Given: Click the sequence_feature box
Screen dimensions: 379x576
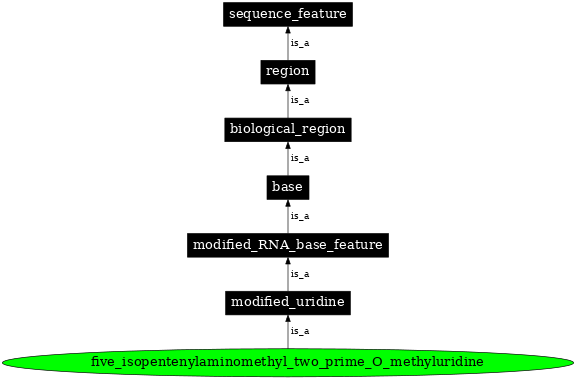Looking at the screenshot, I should click(x=288, y=14).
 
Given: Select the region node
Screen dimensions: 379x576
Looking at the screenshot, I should click(x=288, y=71).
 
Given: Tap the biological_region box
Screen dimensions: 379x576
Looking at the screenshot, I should click(x=288, y=129).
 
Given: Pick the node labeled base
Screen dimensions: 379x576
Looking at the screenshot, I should click(x=288, y=186).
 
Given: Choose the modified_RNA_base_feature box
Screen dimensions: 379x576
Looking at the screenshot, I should click(x=288, y=244).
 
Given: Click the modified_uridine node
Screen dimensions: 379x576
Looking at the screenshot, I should click(x=288, y=301).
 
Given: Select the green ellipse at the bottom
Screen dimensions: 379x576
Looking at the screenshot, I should click(x=288, y=360).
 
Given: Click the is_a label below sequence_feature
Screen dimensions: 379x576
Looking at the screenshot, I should click(x=300, y=43).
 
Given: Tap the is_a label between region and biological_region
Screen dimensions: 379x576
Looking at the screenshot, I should click(x=300, y=100).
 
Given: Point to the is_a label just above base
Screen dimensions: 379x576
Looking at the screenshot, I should click(x=300, y=158).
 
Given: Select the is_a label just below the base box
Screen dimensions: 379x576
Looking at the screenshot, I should click(x=300, y=215).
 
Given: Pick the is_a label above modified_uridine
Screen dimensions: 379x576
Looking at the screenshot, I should click(x=300, y=273).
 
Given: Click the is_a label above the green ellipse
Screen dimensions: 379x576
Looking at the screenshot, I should click(x=300, y=330).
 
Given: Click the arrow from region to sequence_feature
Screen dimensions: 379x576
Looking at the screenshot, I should click(x=288, y=45).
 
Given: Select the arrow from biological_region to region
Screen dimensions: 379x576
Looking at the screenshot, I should click(x=288, y=102).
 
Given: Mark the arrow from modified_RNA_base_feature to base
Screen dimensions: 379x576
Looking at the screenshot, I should click(x=288, y=217).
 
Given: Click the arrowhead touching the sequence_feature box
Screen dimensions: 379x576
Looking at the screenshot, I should click(x=288, y=31).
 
